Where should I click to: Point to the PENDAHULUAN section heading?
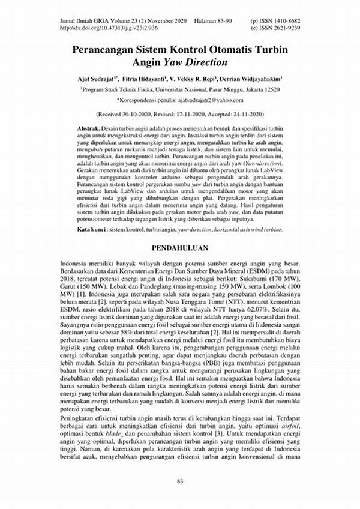coord(179,247)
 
